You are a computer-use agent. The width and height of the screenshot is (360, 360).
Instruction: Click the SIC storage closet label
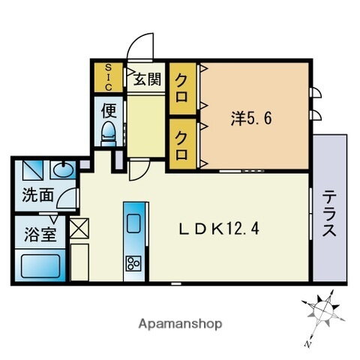point(108,75)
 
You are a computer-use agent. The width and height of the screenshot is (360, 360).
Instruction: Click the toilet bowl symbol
point(109,134)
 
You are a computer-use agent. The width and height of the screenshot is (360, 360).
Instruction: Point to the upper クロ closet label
point(182,79)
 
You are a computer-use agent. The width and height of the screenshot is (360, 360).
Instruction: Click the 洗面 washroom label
point(37,196)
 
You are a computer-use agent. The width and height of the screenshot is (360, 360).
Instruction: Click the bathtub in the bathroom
point(40,265)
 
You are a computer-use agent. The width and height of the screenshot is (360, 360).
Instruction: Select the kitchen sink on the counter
point(134,223)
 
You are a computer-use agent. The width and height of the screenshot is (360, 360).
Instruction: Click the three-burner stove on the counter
point(134,263)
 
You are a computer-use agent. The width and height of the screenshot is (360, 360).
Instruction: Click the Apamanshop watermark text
point(179,324)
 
